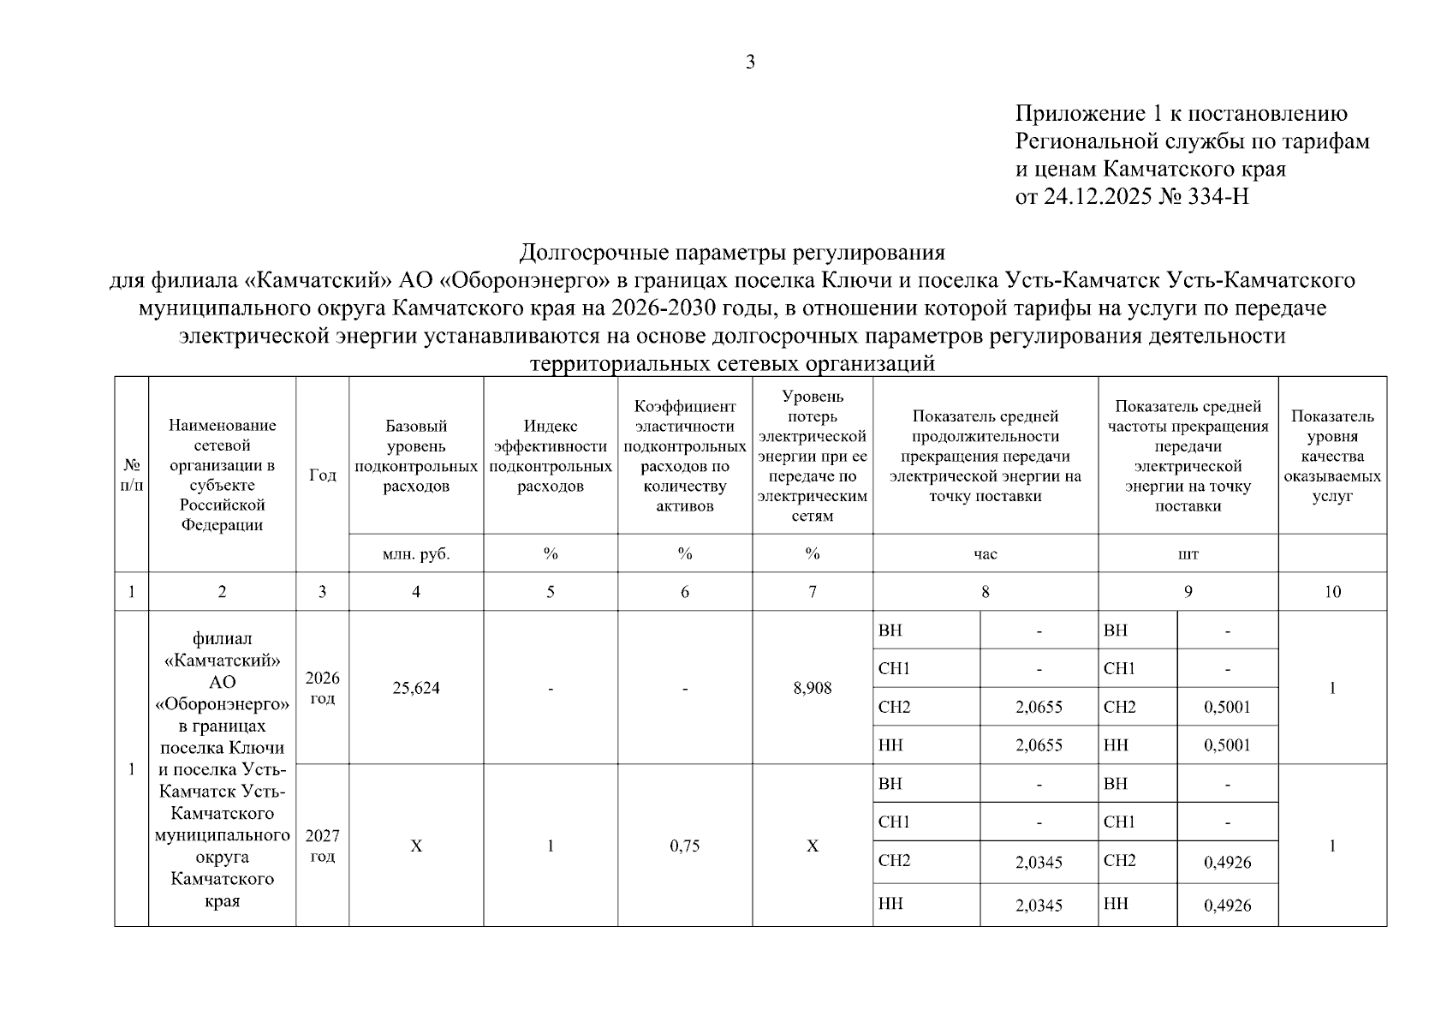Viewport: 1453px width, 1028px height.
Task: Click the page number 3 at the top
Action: click(750, 62)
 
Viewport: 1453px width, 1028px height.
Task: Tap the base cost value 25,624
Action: click(416, 688)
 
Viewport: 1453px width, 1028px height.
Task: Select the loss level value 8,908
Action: click(813, 688)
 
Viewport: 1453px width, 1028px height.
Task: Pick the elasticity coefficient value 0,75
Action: click(685, 846)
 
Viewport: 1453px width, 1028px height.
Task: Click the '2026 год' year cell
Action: click(322, 688)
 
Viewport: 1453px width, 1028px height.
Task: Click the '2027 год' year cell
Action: click(322, 846)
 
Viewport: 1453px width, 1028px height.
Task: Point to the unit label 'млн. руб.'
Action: click(416, 554)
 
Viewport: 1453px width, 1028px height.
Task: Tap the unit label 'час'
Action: click(986, 554)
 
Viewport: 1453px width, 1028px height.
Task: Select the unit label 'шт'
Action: click(1188, 554)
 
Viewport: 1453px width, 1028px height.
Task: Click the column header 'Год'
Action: click(322, 475)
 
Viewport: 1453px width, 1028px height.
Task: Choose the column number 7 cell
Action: click(813, 592)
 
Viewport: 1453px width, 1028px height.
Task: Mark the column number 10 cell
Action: click(1332, 592)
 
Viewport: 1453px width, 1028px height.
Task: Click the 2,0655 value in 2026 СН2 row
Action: click(1039, 708)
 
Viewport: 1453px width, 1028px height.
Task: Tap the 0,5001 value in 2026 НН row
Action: click(1227, 745)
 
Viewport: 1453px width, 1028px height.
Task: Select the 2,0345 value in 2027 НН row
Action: click(1039, 905)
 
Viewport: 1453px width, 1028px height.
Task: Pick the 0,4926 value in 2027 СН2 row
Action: click(1227, 863)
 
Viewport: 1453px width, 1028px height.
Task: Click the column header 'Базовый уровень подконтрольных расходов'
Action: click(416, 457)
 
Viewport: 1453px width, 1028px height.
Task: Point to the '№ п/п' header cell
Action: click(132, 475)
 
